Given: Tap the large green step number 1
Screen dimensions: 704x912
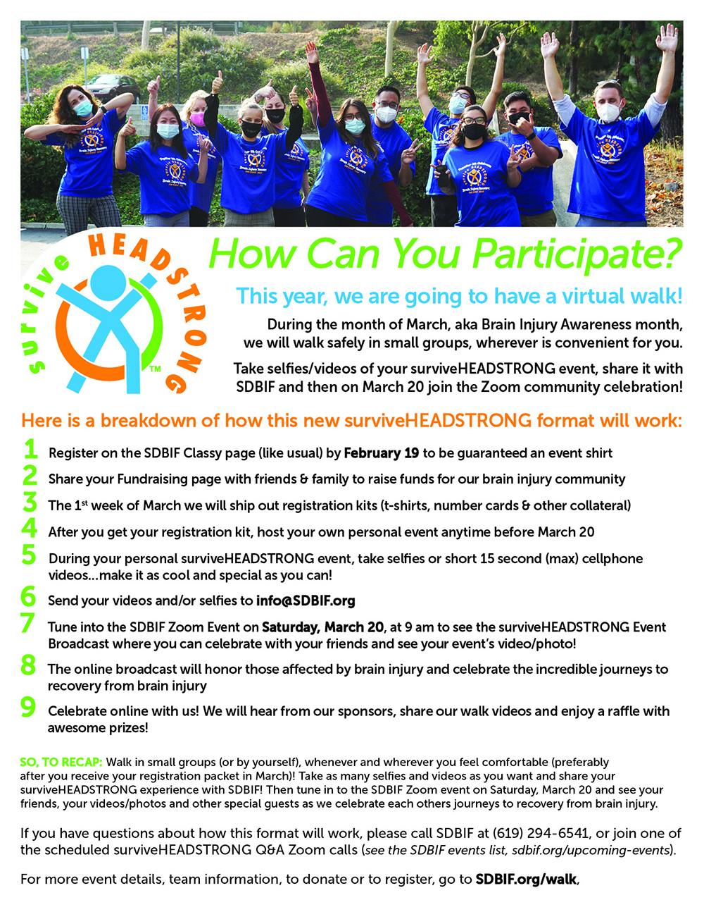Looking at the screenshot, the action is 30,449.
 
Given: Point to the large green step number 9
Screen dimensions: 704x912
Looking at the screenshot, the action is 28,707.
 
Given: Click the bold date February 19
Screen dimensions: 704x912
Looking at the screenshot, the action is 382,453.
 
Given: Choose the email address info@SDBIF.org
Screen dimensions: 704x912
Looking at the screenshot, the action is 306,601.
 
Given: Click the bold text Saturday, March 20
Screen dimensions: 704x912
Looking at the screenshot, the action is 322,627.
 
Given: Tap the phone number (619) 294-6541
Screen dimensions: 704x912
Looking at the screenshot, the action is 541,834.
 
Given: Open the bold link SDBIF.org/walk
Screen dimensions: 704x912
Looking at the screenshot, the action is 526,880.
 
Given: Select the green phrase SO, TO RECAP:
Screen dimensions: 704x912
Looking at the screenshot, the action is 61,762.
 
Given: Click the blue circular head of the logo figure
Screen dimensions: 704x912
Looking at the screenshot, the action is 108,283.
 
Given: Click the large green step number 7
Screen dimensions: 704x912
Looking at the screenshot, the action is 27,623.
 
